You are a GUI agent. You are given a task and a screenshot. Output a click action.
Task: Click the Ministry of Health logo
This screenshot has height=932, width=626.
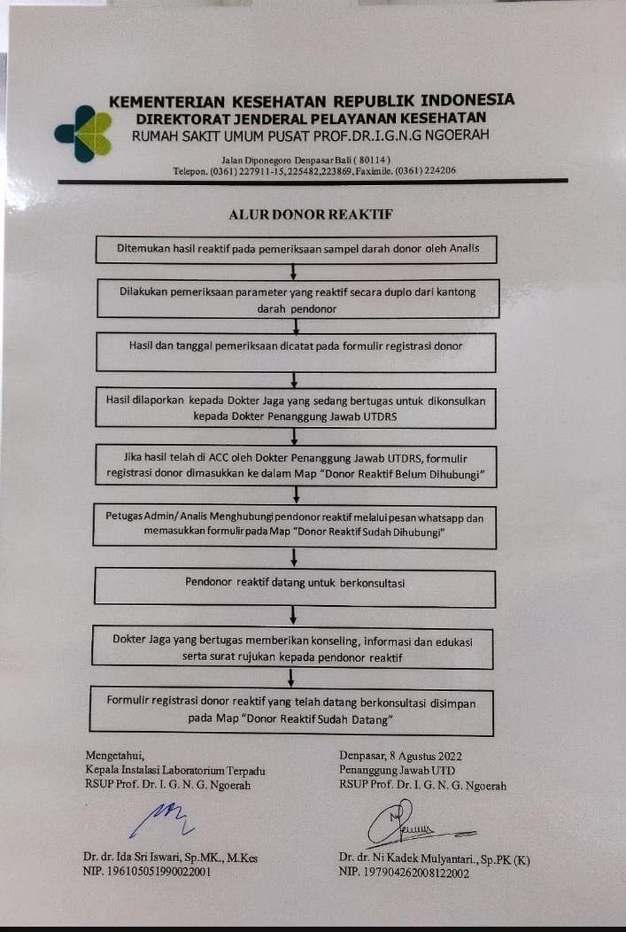pyautogui.click(x=82, y=133)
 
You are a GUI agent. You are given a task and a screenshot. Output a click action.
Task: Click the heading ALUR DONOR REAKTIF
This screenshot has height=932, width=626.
pyautogui.click(x=310, y=214)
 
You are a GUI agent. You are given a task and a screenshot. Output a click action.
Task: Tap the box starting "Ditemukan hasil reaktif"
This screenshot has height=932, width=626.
pyautogui.click(x=297, y=249)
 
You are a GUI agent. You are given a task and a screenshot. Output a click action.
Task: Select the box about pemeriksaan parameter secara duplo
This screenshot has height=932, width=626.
pyautogui.click(x=297, y=299)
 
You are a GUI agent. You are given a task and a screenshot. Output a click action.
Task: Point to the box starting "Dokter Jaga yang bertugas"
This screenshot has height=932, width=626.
pyautogui.click(x=292, y=648)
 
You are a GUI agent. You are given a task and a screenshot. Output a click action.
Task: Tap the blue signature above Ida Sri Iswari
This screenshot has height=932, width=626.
pyautogui.click(x=162, y=816)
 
